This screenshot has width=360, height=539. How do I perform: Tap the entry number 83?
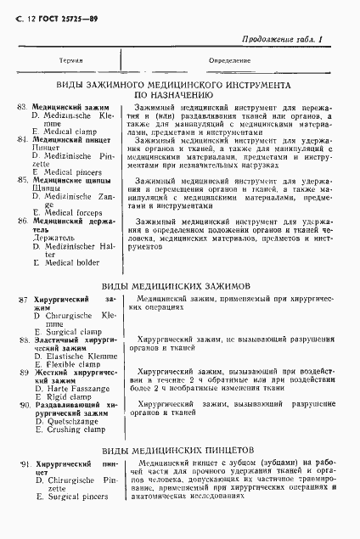pos(22,108)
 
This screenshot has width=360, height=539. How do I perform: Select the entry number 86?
pos(22,221)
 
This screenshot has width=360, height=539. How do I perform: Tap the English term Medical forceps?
pos(67,211)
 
